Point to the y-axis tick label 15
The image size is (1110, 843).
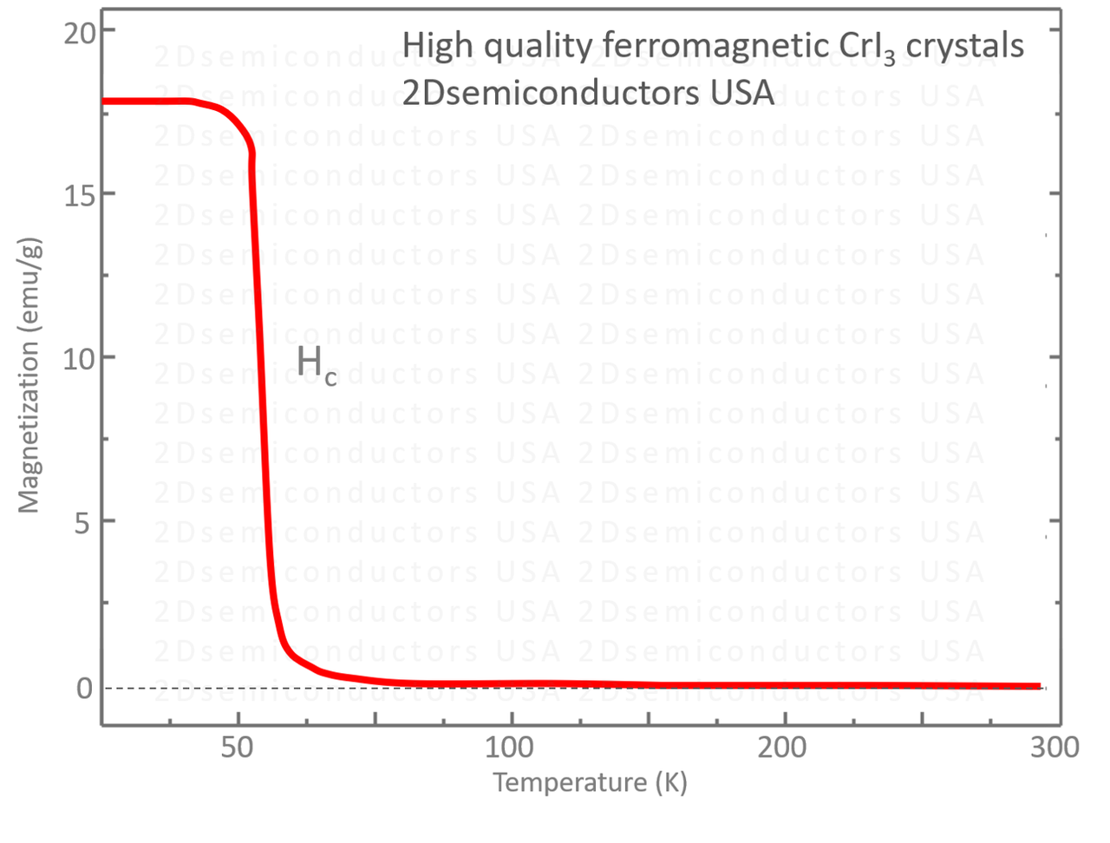click(77, 195)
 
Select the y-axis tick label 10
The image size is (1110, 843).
click(77, 357)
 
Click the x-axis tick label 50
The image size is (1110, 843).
click(237, 747)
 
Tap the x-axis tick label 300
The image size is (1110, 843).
click(1054, 747)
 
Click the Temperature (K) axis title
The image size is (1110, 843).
click(591, 782)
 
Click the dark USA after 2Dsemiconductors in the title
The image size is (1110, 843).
click(742, 92)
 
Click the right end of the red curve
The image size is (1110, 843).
click(1039, 686)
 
